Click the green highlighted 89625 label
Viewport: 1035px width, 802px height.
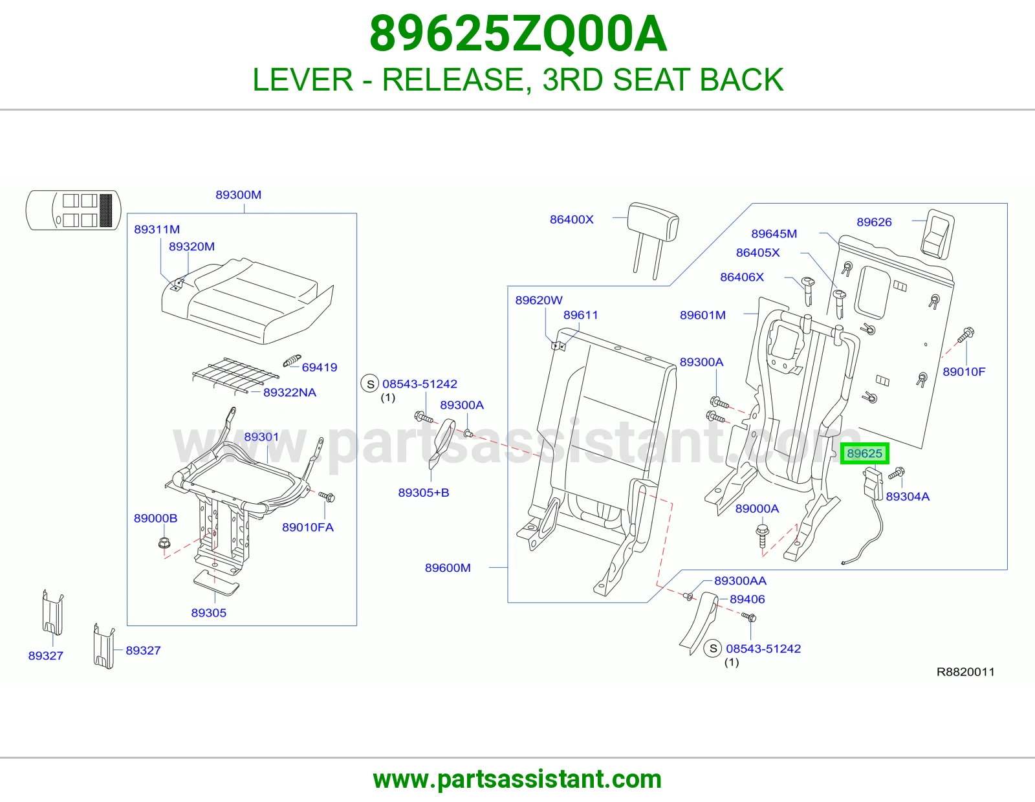(x=864, y=453)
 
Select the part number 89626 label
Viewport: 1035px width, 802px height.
(x=874, y=222)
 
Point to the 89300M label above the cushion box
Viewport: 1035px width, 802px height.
(x=238, y=195)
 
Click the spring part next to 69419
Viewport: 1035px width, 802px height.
(x=292, y=361)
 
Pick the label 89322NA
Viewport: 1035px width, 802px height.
(x=290, y=393)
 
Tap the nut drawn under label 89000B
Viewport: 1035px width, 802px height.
(x=164, y=543)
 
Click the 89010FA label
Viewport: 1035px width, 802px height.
(x=308, y=527)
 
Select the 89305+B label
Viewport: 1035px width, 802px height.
(x=424, y=492)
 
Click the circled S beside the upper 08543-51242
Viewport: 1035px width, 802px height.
(x=370, y=384)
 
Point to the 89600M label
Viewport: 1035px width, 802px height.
(x=448, y=568)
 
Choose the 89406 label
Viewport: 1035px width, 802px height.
(x=747, y=599)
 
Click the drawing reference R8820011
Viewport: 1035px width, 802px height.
(x=965, y=672)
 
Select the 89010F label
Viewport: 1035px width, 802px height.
(x=964, y=372)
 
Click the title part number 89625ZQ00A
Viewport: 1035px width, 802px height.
(x=518, y=34)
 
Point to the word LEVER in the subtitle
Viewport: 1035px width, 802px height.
(x=303, y=80)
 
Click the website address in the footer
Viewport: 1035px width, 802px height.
(x=517, y=779)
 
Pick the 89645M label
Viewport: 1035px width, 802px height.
(x=774, y=234)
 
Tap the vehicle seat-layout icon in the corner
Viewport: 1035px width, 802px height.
(x=73, y=210)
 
